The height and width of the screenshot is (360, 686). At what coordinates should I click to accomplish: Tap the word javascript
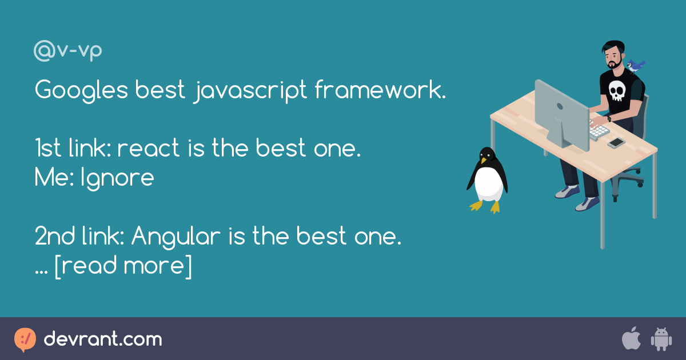[x=250, y=91]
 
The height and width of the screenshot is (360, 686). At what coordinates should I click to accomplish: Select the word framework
[x=380, y=89]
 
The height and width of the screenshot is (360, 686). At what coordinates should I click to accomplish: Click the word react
[x=148, y=148]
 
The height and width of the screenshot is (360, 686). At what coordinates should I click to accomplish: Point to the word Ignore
[x=117, y=178]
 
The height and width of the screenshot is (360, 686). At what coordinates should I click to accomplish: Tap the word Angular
[x=176, y=237]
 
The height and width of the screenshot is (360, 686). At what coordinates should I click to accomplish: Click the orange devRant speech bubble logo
[x=25, y=339]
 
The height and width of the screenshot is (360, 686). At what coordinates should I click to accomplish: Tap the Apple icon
[x=631, y=338]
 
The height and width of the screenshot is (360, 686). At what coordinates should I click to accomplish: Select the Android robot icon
[x=661, y=339]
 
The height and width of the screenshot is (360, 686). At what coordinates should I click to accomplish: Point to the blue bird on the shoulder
[x=636, y=66]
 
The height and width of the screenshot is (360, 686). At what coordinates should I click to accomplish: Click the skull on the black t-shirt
[x=616, y=91]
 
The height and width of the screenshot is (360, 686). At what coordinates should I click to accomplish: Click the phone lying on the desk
[x=616, y=143]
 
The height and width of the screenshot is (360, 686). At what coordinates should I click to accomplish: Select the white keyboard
[x=599, y=130]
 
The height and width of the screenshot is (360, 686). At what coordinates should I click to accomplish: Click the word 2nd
[x=54, y=236]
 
